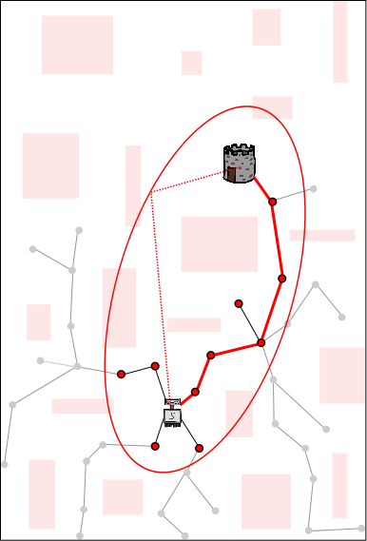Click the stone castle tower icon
(x=240, y=164)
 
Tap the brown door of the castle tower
(x=232, y=174)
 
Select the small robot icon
(x=172, y=413)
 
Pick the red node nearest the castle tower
(x=272, y=202)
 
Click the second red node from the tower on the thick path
(x=281, y=279)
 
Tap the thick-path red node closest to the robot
(x=195, y=392)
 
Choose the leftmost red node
(x=121, y=375)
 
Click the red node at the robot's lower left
(x=155, y=446)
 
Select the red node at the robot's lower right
(x=199, y=448)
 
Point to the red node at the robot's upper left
(x=155, y=366)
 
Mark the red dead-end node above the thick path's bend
(x=239, y=304)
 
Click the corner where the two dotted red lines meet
(x=152, y=192)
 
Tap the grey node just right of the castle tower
(x=313, y=189)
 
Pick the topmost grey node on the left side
(x=79, y=230)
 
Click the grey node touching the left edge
(x=5, y=465)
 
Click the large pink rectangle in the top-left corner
(x=77, y=45)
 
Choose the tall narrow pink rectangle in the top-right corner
(x=339, y=41)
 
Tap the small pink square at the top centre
(x=191, y=63)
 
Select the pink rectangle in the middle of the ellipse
(x=219, y=244)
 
